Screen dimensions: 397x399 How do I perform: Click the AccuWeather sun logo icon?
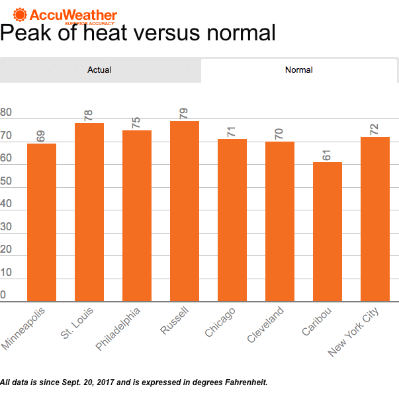(20, 14)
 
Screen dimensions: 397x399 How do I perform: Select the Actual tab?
(100, 69)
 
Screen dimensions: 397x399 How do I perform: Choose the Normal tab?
(298, 69)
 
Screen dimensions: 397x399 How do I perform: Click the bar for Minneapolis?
(42, 222)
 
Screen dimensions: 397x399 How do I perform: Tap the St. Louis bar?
(89, 212)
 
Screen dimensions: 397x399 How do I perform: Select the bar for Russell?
(185, 211)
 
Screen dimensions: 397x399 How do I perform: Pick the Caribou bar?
(328, 232)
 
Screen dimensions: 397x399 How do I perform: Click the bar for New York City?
(375, 219)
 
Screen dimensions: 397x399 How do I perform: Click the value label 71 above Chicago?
(232, 130)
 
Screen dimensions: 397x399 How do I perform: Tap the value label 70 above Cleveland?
(279, 132)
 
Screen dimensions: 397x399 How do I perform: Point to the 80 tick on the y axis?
(7, 113)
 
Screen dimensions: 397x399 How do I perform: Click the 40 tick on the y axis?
(7, 204)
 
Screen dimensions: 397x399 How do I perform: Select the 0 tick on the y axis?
(4, 294)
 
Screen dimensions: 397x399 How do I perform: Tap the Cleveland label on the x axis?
(266, 325)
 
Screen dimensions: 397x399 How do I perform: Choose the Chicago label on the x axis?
(220, 322)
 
